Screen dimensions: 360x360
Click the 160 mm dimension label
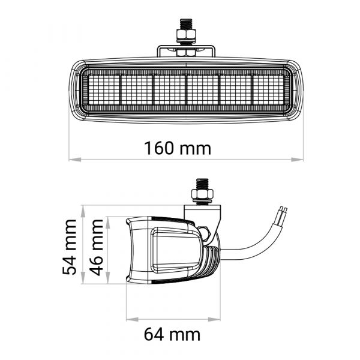pos(178,148)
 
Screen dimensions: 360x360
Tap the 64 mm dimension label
pos(172,335)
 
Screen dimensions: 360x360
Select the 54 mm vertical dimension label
pos(69,247)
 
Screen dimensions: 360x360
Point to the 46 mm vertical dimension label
pos(96,247)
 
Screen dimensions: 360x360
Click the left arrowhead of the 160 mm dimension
pos(75,160)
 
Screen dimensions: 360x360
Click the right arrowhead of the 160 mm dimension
pos(297,160)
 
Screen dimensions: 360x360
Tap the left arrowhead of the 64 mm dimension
pos(133,319)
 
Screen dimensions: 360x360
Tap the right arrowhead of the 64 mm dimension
pos(214,319)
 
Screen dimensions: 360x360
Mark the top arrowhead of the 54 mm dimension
pos(83,212)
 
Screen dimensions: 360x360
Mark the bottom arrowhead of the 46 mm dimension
pos(107,278)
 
